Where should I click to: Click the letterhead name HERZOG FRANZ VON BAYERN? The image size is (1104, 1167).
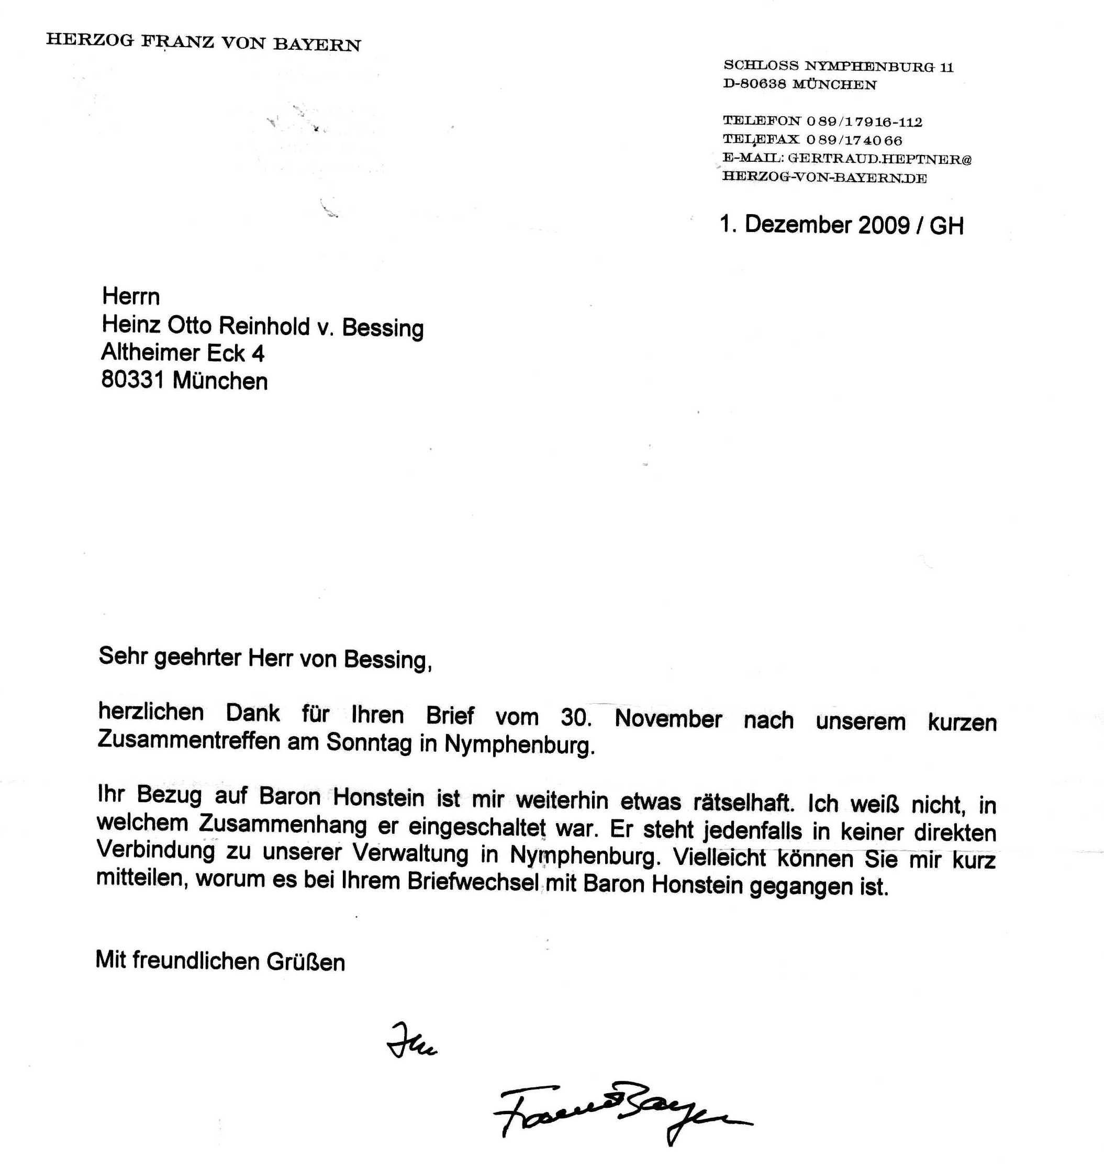[x=203, y=42]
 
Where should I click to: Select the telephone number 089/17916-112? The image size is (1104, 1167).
[x=864, y=122]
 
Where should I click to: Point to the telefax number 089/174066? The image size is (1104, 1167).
[x=854, y=140]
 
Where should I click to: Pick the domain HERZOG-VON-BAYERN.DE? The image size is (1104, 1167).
[x=824, y=177]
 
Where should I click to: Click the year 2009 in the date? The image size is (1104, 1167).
[x=884, y=226]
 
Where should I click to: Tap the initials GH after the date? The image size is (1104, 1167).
[x=946, y=226]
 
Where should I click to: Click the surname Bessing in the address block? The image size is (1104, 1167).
[x=383, y=328]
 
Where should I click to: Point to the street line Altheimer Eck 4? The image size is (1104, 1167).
[x=183, y=353]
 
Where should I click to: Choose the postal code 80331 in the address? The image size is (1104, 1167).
[x=132, y=380]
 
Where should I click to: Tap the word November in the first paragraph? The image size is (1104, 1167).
[x=668, y=719]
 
